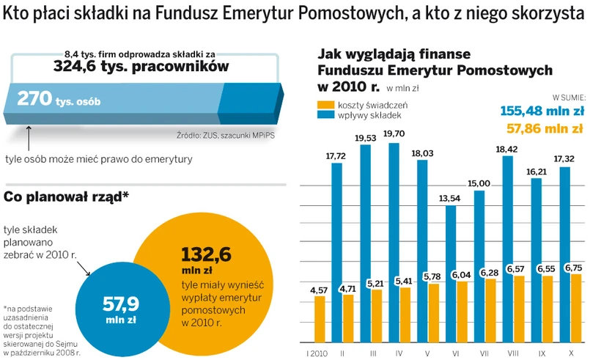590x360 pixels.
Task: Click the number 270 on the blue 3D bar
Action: (33, 98)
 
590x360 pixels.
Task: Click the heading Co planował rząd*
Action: (67, 196)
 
